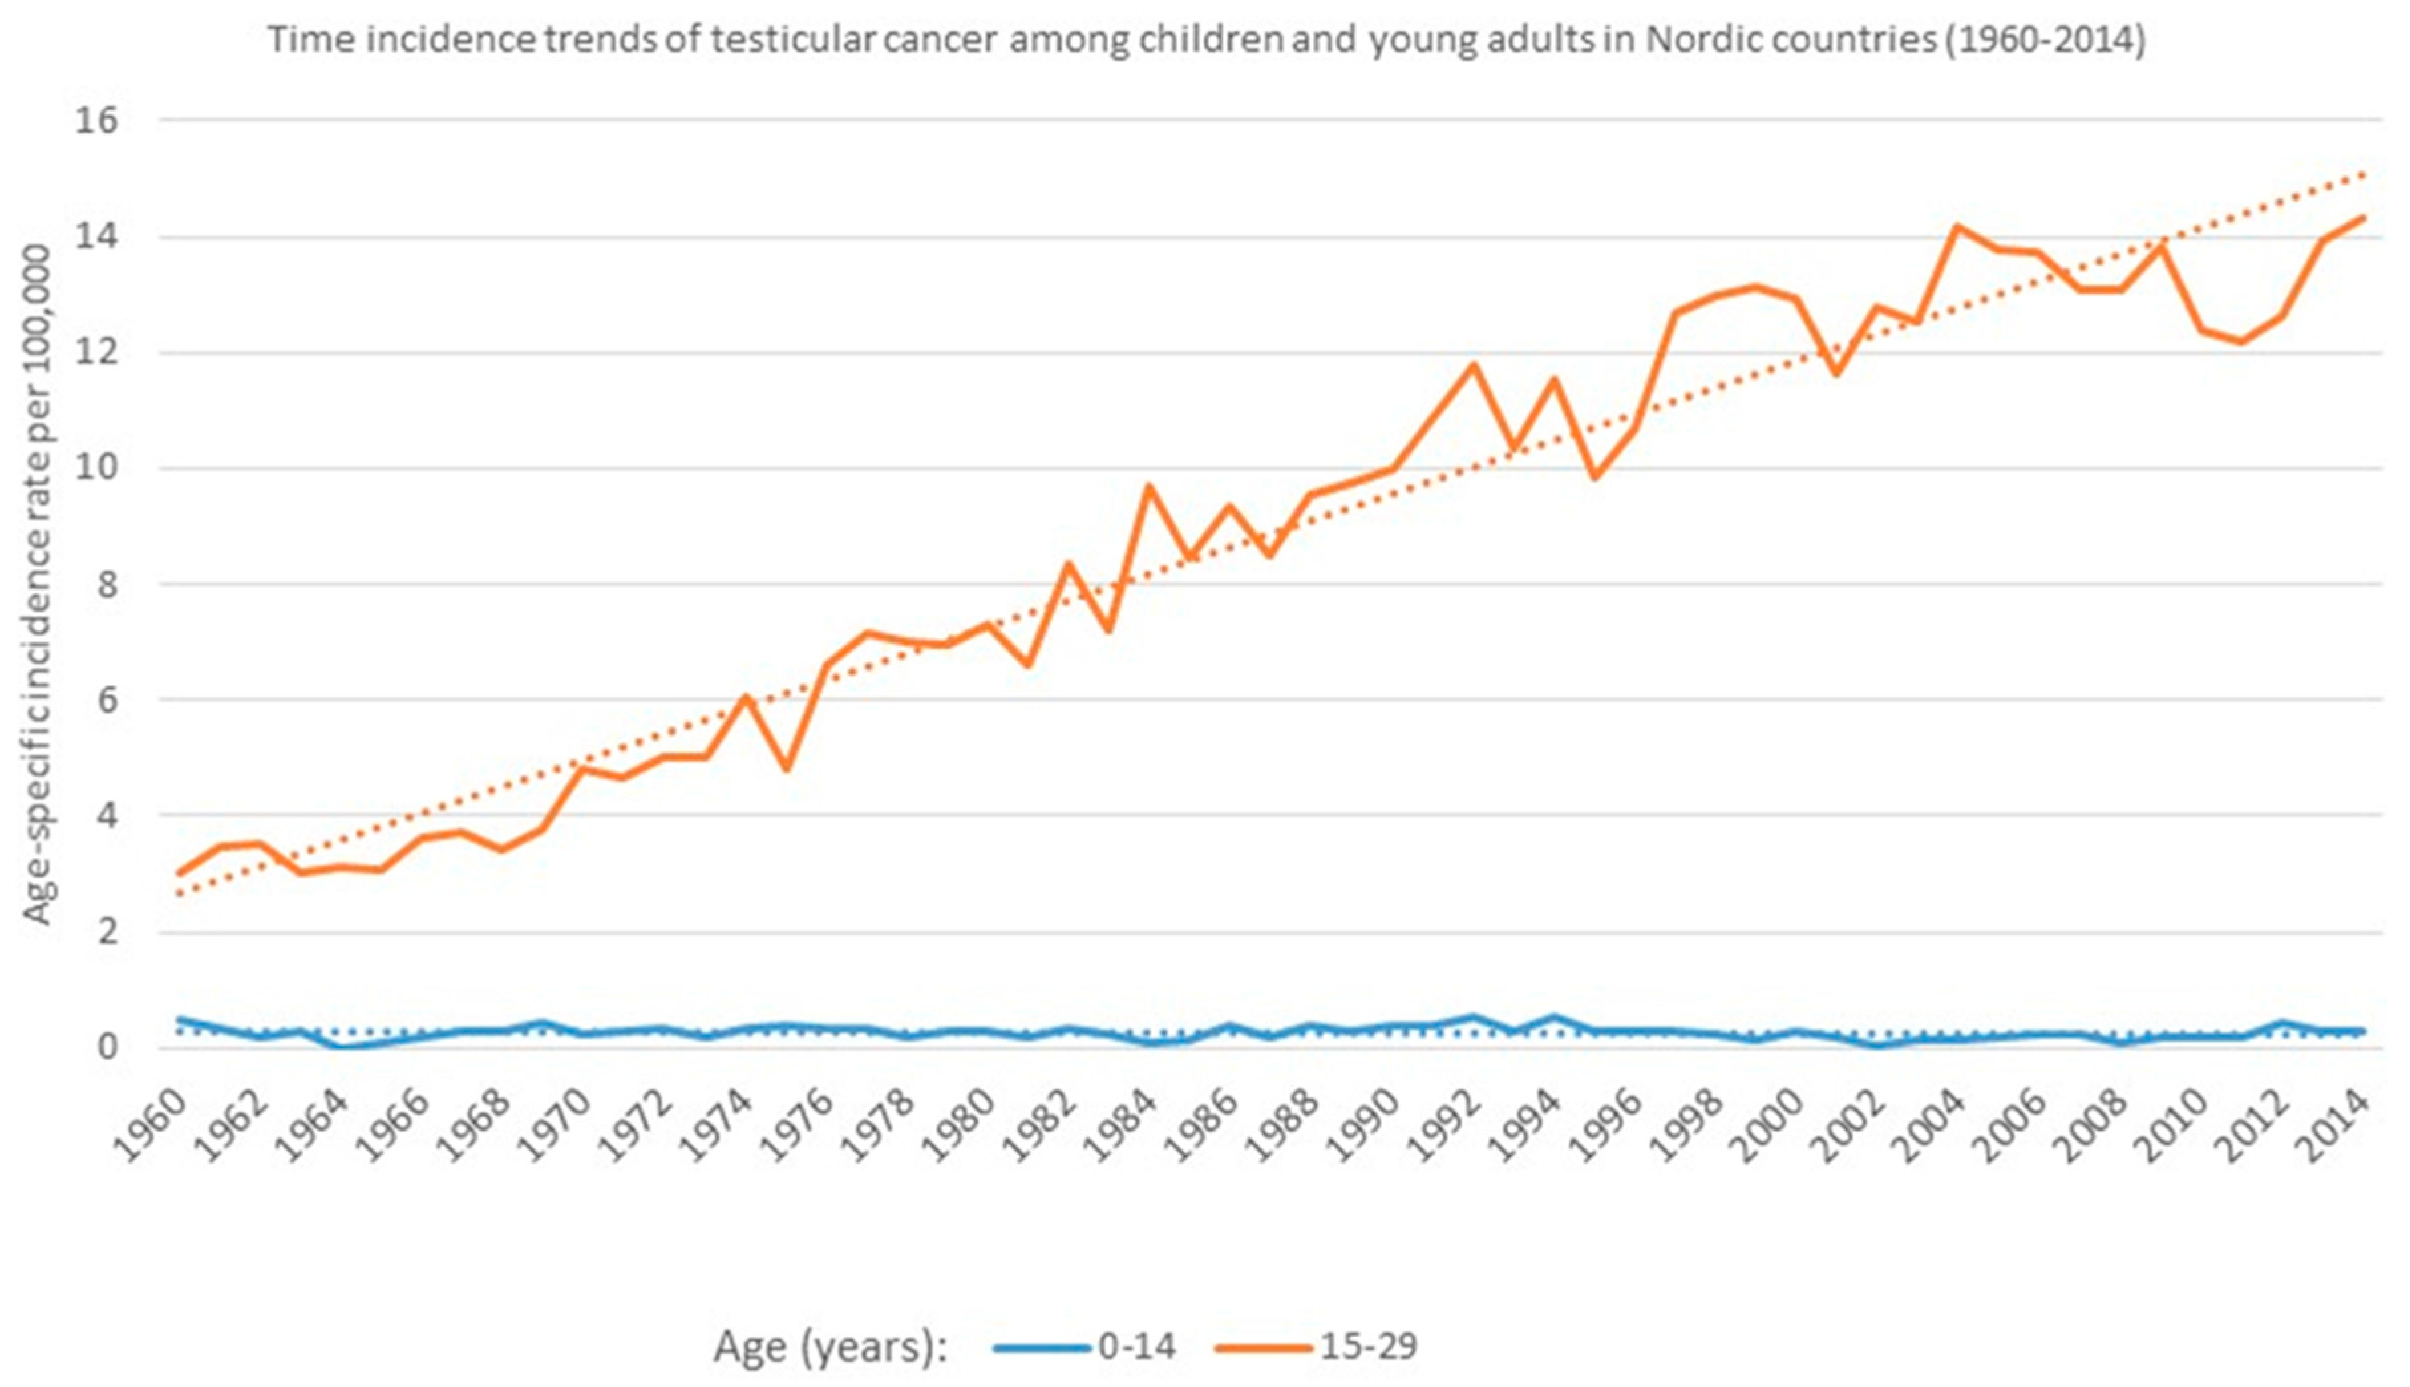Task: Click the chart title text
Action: [1205, 40]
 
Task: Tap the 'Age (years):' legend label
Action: [830, 1346]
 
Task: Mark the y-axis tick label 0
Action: [107, 1046]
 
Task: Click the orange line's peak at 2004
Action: [1958, 226]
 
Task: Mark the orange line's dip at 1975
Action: [786, 769]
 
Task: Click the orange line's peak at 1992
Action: [1473, 365]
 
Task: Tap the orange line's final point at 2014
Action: [2362, 217]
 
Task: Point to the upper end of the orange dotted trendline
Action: [2362, 173]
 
